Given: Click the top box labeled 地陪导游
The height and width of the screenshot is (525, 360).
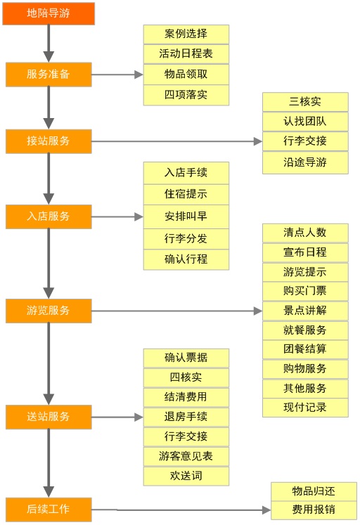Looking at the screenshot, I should tap(49, 13).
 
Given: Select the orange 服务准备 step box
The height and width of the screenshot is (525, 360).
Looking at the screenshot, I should tap(49, 74).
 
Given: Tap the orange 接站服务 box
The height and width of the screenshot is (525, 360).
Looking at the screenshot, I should tap(49, 141).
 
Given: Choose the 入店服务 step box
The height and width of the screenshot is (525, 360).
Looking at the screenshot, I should tap(49, 216).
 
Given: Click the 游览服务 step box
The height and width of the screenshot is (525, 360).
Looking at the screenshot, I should tap(49, 310).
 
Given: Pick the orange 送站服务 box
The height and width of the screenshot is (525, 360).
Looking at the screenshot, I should tap(49, 417).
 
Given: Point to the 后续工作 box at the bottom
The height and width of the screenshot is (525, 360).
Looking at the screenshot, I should tap(49, 509).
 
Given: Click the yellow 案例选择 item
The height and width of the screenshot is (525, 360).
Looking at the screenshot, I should tap(186, 34).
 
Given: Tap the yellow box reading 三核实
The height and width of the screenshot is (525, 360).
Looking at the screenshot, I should tap(305, 102).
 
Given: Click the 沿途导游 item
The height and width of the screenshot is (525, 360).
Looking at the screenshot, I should tap(305, 163).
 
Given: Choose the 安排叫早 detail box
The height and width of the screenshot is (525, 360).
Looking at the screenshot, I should tap(186, 216).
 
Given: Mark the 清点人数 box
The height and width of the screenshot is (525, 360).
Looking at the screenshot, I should tap(305, 233).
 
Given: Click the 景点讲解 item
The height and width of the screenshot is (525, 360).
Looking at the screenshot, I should tap(305, 310).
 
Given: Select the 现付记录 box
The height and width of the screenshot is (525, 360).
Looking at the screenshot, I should tap(305, 407).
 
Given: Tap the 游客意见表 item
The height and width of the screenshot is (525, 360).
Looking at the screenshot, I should tap(186, 456).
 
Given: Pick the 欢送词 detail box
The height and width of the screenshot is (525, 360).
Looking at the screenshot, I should tap(186, 476).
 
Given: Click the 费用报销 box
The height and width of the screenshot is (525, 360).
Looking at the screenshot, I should tap(314, 510).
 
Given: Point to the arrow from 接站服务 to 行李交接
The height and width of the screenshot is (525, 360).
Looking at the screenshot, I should tap(176, 141).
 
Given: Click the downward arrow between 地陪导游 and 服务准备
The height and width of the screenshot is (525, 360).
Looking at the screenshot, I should tap(49, 44).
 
